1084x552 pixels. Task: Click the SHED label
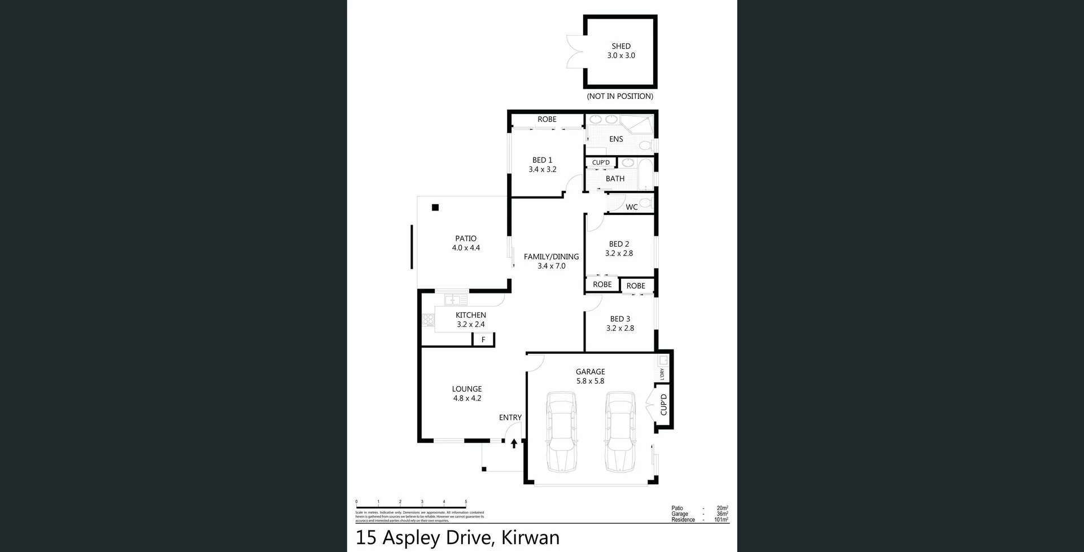[620, 46]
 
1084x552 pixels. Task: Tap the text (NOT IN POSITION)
[619, 97]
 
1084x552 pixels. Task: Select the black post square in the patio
[435, 208]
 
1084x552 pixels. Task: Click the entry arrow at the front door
[514, 444]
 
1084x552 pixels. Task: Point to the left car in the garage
[561, 432]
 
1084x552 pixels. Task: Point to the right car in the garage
[620, 432]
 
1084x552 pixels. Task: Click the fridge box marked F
[483, 340]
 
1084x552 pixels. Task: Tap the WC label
[631, 207]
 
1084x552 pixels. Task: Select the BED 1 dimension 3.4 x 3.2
[542, 169]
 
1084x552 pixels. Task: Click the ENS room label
[616, 139]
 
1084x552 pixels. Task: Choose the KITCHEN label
[470, 315]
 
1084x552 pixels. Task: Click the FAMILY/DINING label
[551, 256]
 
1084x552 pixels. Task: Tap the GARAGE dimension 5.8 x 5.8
[590, 381]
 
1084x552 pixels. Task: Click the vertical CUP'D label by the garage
[663, 405]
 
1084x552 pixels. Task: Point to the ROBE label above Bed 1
[547, 119]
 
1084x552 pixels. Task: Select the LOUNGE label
[466, 389]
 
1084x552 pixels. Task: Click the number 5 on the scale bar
[466, 501]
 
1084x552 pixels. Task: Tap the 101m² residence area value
[721, 520]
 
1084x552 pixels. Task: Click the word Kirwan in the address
[530, 538]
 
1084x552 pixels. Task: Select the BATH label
[615, 178]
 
